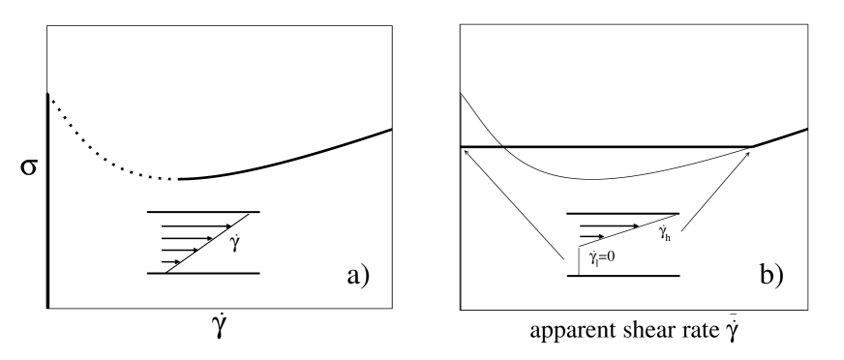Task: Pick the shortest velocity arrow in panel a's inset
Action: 172,260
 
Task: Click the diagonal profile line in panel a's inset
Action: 208,242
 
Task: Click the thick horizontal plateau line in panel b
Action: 600,147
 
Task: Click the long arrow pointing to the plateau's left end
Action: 513,203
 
